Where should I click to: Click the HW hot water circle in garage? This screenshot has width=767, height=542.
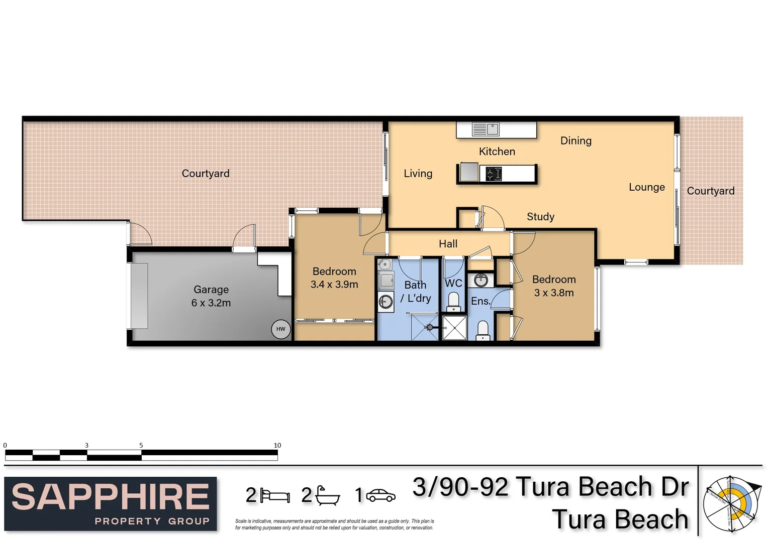tap(280, 329)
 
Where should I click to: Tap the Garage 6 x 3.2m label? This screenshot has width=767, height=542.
tap(211, 296)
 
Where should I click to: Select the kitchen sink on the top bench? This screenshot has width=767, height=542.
tap(486, 129)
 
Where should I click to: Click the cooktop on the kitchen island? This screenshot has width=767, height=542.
tap(494, 174)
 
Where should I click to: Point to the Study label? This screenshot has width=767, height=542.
tap(540, 217)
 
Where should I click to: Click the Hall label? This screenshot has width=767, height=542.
tap(448, 244)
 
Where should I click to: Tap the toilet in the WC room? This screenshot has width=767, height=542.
tap(453, 302)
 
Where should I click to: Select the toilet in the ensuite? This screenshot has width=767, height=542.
tap(483, 330)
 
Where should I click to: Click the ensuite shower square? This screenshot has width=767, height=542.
tap(454, 328)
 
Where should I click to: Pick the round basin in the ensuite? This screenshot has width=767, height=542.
tap(481, 280)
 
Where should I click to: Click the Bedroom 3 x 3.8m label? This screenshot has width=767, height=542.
tap(554, 286)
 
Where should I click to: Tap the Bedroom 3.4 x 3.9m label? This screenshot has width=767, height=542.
tap(334, 278)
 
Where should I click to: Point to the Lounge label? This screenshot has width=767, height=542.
tap(646, 187)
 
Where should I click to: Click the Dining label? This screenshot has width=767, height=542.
tap(576, 141)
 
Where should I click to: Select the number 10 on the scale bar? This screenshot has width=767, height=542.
tap(277, 445)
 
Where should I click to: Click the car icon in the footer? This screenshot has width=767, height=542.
tap(380, 496)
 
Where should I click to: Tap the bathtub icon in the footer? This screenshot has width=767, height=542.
tap(327, 496)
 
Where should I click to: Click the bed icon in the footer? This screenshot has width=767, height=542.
tap(275, 496)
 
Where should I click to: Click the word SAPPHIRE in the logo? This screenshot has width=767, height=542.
tap(110, 496)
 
